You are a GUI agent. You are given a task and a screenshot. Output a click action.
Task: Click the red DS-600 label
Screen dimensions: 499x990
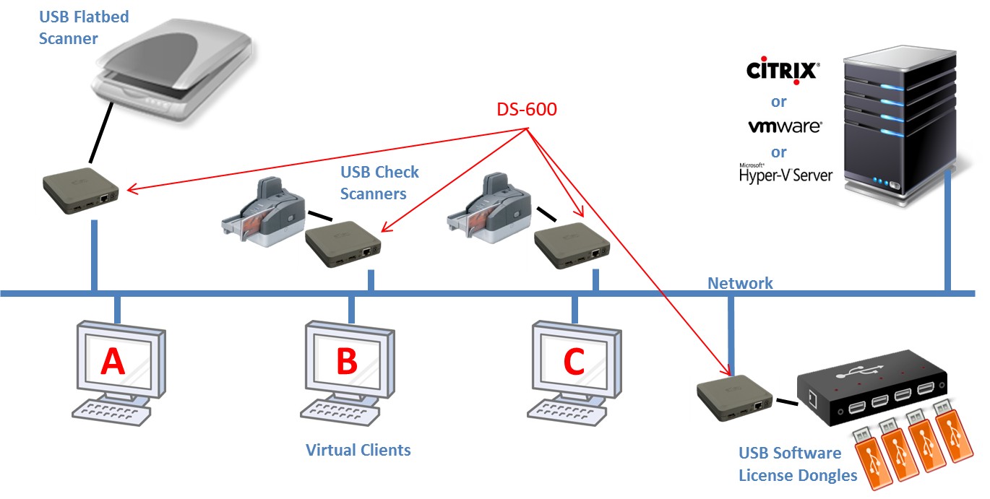click(527, 110)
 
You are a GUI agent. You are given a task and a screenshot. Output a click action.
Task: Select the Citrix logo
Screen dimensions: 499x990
click(782, 71)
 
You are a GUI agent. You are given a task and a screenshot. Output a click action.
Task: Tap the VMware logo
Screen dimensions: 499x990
click(784, 126)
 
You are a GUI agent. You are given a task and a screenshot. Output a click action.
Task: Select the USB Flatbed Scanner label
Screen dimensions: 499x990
click(83, 27)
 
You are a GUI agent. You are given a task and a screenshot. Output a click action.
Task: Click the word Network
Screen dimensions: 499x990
click(740, 283)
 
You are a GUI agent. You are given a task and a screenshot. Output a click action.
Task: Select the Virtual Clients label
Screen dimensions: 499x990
click(358, 451)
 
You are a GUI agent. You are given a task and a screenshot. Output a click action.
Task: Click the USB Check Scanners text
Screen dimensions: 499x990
click(379, 183)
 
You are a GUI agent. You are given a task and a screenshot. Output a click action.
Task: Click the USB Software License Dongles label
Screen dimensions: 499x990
click(797, 464)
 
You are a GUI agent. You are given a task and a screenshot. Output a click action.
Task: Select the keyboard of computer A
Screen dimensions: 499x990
click(112, 413)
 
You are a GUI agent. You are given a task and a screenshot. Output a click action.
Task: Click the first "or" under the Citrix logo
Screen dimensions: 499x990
click(778, 102)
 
